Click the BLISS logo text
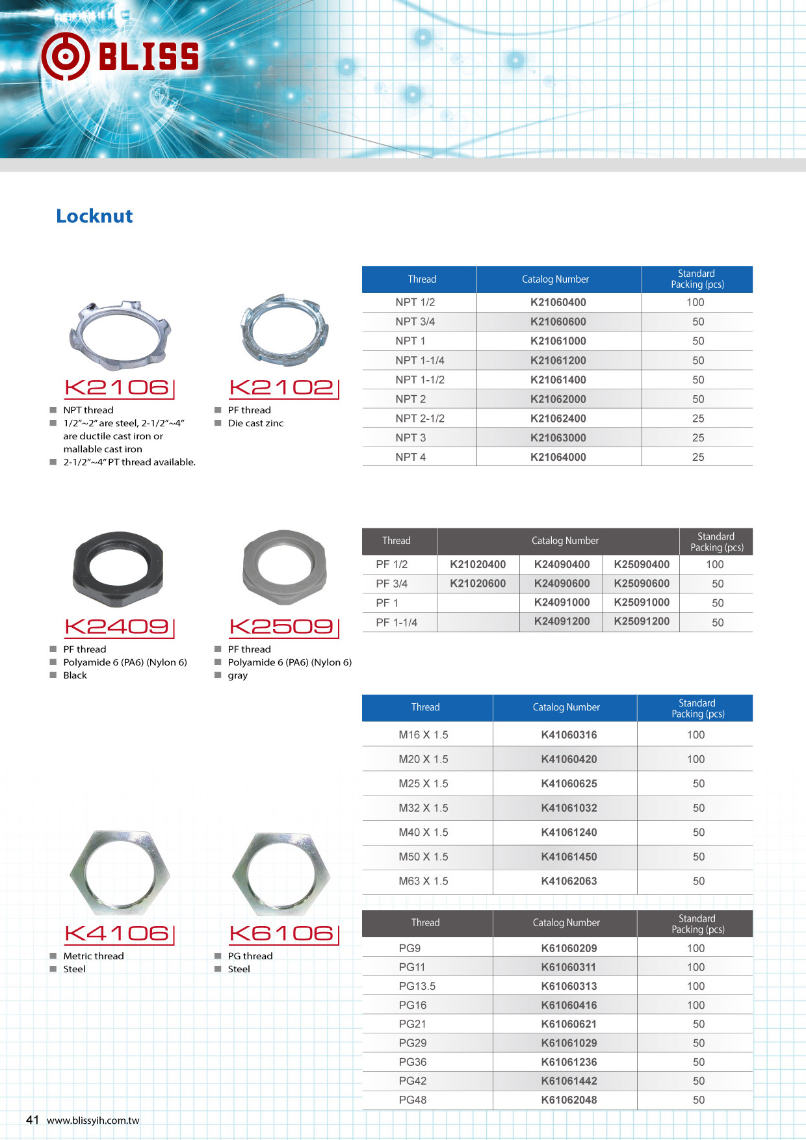coord(148,57)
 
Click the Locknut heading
coord(94,216)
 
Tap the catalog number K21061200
coord(558,360)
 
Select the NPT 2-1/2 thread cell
coord(420,418)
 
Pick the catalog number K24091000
coord(562,602)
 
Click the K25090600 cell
coord(641,584)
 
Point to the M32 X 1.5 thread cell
coord(423,808)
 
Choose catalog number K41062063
coord(569,881)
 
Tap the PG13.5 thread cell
coord(417,986)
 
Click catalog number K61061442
coord(569,1081)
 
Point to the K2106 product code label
coord(118,388)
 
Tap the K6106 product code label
coord(283,934)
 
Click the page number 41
coord(32,1120)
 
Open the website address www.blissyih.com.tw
coord(93,1121)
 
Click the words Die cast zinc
coord(255,423)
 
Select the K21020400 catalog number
coord(478,565)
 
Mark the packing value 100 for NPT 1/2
coord(695,302)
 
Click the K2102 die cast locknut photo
coord(284,330)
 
